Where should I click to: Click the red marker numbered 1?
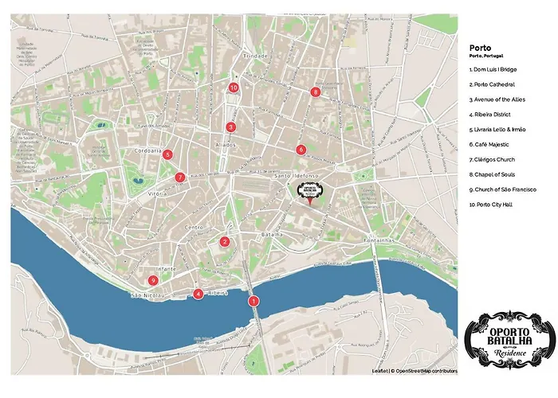pos(253,301)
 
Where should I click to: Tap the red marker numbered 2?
pos(225,242)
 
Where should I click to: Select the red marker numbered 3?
pos(230,127)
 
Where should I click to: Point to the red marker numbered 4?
pos(198,294)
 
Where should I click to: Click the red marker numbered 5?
pos(167,154)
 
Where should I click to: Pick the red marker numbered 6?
pos(301,150)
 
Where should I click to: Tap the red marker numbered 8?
pos(316,92)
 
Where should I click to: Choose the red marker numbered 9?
pos(152,279)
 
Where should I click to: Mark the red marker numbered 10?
pos(234,88)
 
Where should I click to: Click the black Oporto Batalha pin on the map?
pos(308,192)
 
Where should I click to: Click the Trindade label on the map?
pos(256,57)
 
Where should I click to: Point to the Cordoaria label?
pos(149,150)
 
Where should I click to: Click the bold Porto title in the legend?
pos(481,47)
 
